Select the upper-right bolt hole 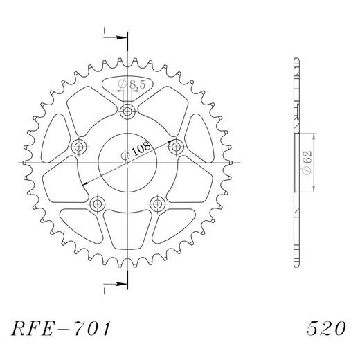(176, 146)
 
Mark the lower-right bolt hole (157, 203)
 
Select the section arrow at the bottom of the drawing (119, 282)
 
